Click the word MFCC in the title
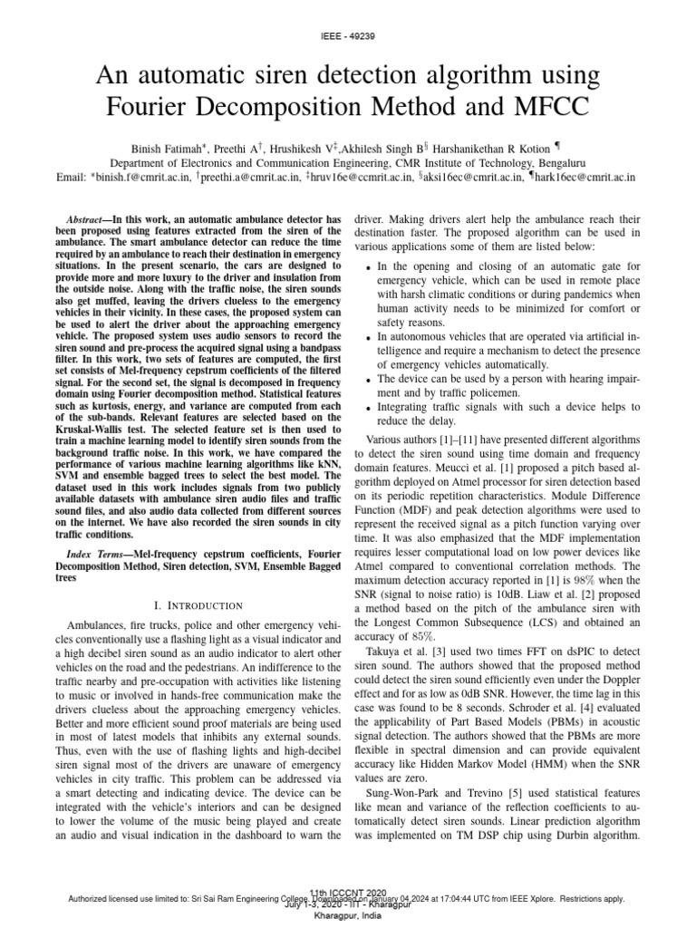pyautogui.click(x=548, y=108)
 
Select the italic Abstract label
pyautogui.click(x=90, y=220)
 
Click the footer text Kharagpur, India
pyautogui.click(x=348, y=917)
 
